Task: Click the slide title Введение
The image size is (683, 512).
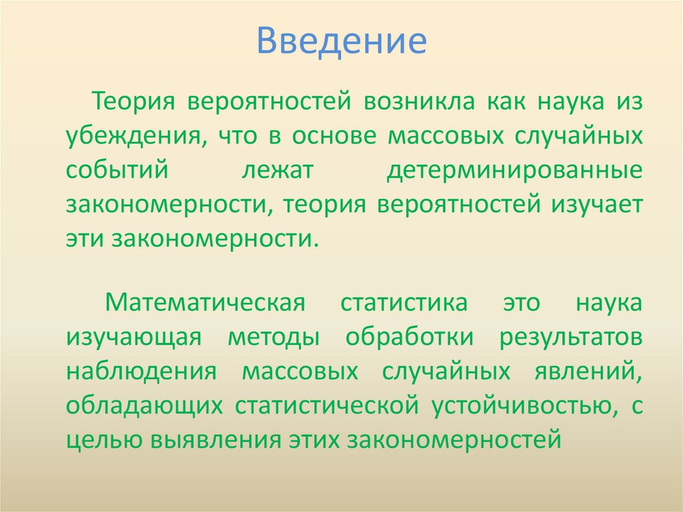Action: click(x=341, y=41)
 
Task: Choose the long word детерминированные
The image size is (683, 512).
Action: click(x=515, y=170)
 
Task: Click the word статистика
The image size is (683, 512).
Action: click(x=404, y=304)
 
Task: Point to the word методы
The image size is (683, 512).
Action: click(x=273, y=338)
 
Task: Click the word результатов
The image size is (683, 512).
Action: click(x=571, y=337)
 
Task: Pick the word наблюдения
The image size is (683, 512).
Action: click(x=141, y=371)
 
